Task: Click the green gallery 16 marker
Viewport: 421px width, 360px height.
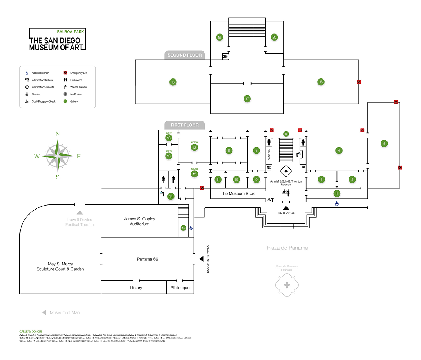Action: click(173, 82)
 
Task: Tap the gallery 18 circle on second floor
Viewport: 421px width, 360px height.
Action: click(321, 82)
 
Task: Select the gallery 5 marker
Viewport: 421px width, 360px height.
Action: click(384, 144)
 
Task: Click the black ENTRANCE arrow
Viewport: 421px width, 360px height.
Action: click(286, 208)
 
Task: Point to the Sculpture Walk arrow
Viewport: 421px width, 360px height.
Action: click(202, 258)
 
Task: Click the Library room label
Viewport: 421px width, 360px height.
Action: click(136, 288)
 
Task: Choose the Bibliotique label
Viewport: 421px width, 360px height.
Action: click(180, 288)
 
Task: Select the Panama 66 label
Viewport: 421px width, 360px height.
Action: click(148, 259)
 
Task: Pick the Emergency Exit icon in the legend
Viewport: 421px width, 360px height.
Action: click(65, 73)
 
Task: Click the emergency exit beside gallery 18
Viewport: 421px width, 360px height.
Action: click(359, 82)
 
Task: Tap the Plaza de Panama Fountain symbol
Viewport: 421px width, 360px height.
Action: click(287, 285)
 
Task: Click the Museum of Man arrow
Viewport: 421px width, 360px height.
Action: click(44, 312)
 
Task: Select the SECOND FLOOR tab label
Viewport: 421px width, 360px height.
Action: click(184, 55)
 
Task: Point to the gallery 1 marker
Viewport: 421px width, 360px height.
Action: click(337, 193)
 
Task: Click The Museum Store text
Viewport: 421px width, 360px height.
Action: click(238, 194)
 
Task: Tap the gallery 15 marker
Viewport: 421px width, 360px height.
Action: click(184, 228)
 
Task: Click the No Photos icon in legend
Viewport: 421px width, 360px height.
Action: click(65, 94)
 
